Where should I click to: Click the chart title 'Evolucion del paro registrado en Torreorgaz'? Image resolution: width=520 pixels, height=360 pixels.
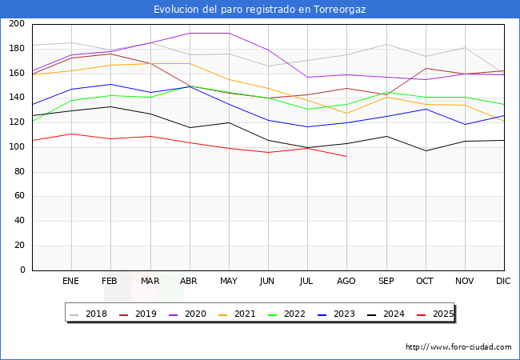pos(259,10)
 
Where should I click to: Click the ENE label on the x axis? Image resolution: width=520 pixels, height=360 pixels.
pos(71,282)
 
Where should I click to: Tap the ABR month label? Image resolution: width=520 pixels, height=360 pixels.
pos(190,282)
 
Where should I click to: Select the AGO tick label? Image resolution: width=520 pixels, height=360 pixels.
pos(346,282)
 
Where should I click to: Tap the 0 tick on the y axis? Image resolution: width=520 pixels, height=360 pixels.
pos(23,270)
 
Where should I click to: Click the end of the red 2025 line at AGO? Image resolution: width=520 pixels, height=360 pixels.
pos(346,156)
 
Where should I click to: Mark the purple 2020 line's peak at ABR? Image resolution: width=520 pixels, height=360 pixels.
pos(190,33)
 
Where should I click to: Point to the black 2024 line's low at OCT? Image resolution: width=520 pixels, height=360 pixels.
pos(426,150)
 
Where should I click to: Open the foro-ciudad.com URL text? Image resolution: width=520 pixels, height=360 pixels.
pos(458,347)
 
